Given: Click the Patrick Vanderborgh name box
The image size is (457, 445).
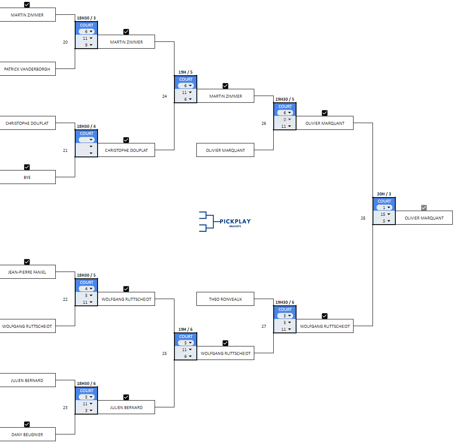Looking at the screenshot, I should pyautogui.click(x=27, y=69).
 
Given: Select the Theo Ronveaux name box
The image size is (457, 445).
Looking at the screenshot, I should pyautogui.click(x=225, y=299).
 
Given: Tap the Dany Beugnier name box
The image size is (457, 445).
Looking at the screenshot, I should pyautogui.click(x=27, y=434).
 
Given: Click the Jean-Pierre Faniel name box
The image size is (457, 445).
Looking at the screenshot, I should pyautogui.click(x=27, y=272).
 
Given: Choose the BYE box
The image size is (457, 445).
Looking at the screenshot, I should pyautogui.click(x=27, y=177).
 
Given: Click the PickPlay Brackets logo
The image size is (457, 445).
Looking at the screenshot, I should pyautogui.click(x=225, y=222).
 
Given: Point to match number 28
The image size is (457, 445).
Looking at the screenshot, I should pyautogui.click(x=363, y=218).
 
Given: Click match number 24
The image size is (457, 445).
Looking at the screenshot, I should pyautogui.click(x=164, y=96).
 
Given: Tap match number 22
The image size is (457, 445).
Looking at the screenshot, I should pyautogui.click(x=65, y=299).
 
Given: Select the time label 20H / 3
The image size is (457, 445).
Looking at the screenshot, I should pyautogui.click(x=384, y=194).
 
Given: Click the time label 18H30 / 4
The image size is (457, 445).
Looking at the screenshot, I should pyautogui.click(x=86, y=126).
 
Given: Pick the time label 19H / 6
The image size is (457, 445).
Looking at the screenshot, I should pyautogui.click(x=185, y=330).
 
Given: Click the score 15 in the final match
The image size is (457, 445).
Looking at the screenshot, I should pyautogui.click(x=384, y=214).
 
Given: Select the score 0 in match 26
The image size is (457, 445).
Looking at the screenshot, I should pyautogui.click(x=285, y=119).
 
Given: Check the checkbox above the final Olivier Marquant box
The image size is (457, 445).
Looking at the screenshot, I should pyautogui.click(x=424, y=208).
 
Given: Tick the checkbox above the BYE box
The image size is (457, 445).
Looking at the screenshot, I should pyautogui.click(x=27, y=167).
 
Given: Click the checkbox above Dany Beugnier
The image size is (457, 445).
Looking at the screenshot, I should pyautogui.click(x=27, y=424).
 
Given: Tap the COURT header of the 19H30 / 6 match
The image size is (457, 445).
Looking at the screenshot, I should pyautogui.click(x=285, y=310).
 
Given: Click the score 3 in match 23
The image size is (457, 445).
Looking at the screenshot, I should pyautogui.click(x=86, y=410).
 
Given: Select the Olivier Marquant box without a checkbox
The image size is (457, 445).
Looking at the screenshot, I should pyautogui.click(x=225, y=150).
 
